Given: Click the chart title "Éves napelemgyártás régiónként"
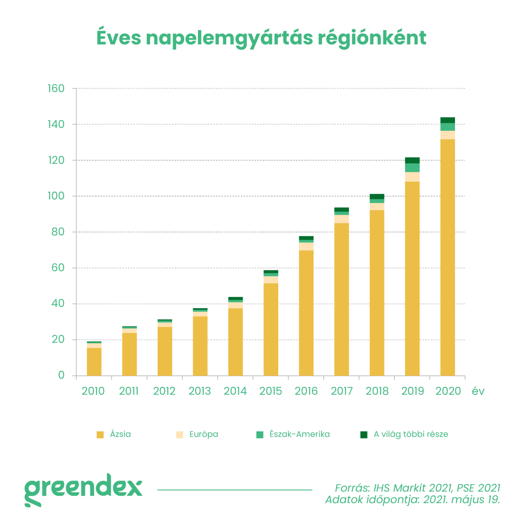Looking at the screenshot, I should [x=261, y=38].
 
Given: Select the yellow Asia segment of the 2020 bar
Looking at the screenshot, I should [x=448, y=258].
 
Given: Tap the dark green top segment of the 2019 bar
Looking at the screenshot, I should [x=412, y=160].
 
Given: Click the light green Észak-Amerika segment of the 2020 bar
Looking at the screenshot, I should [x=448, y=127].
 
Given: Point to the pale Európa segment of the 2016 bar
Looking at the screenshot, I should [x=306, y=246].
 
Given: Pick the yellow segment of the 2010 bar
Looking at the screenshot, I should [x=94, y=362].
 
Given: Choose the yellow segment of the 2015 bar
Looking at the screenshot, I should [x=271, y=329].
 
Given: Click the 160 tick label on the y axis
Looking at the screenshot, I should [x=56, y=89].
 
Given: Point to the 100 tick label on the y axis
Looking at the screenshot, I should [x=56, y=196].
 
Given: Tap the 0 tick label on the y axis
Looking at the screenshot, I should [x=61, y=375].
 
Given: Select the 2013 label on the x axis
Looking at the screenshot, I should [x=199, y=391].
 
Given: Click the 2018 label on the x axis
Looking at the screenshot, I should [x=377, y=391].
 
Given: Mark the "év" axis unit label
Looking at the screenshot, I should [x=478, y=391].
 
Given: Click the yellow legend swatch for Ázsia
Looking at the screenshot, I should [x=100, y=434].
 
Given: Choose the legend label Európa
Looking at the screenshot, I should [x=204, y=434].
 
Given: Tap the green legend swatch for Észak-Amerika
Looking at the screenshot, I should [x=260, y=434].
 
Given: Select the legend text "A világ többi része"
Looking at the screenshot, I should [x=411, y=434].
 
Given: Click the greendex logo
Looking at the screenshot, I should [x=83, y=489].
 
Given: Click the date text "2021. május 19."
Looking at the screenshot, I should [x=461, y=499].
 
